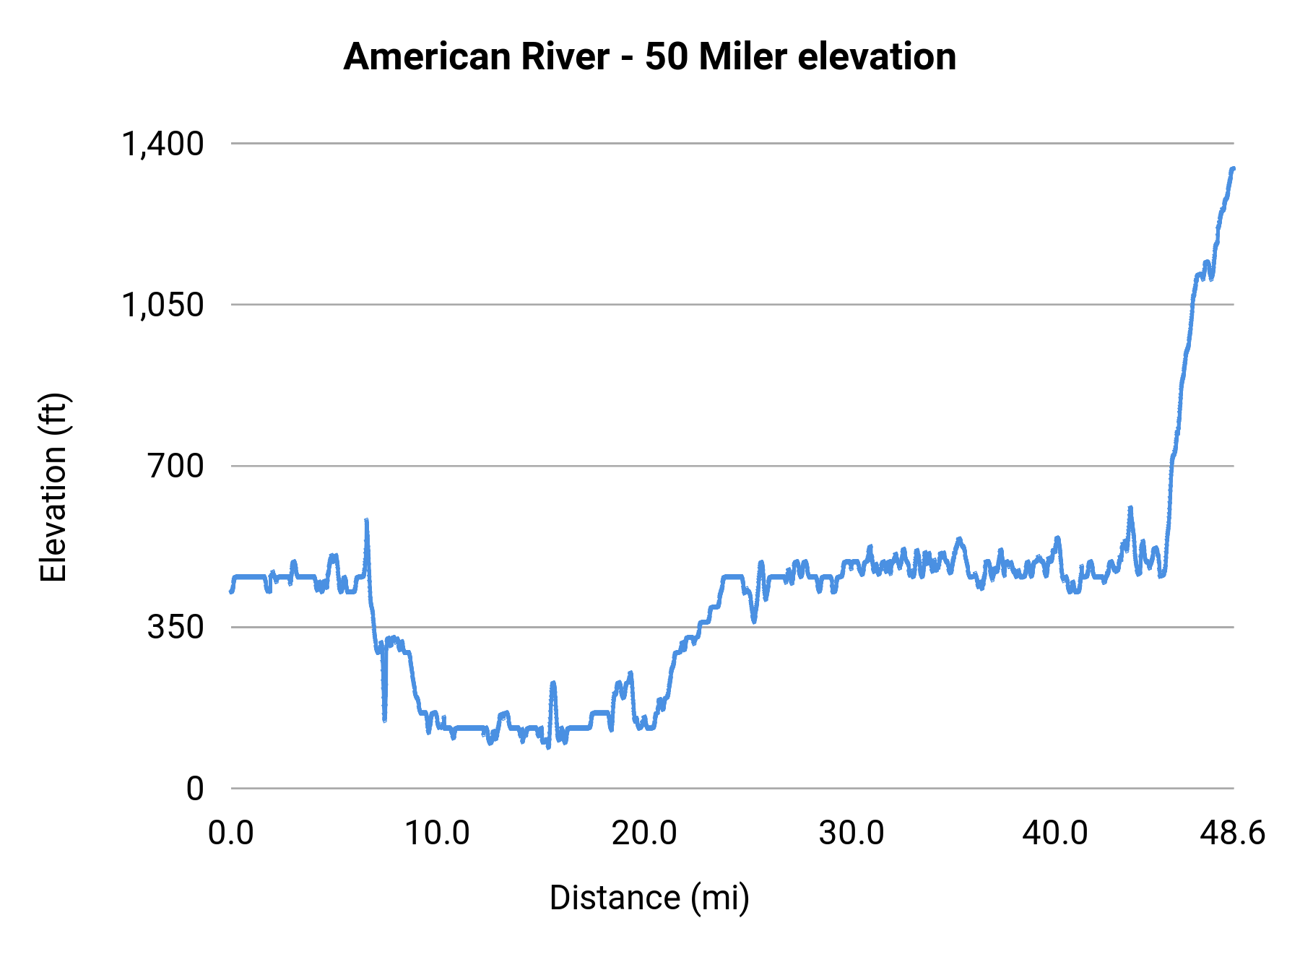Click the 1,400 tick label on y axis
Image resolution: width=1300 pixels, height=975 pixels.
pyautogui.click(x=162, y=144)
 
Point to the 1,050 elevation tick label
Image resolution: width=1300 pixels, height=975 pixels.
pyautogui.click(x=162, y=305)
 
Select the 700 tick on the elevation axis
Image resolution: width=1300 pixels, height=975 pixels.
pyautogui.click(x=176, y=466)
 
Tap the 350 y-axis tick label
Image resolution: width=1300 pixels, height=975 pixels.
pyautogui.click(x=176, y=627)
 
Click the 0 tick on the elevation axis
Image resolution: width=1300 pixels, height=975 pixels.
pyautogui.click(x=195, y=789)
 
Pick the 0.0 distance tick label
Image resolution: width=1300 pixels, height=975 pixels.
pyautogui.click(x=231, y=833)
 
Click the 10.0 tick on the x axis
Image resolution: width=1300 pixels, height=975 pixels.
pyautogui.click(x=437, y=833)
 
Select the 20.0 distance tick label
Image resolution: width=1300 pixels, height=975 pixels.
pyautogui.click(x=644, y=833)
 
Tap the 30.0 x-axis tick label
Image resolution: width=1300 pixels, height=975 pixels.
pyautogui.click(x=851, y=833)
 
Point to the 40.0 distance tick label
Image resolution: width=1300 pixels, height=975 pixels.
pyautogui.click(x=1055, y=833)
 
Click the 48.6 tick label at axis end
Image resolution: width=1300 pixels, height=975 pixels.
pyautogui.click(x=1233, y=833)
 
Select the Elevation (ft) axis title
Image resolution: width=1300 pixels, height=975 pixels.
pyautogui.click(x=53, y=487)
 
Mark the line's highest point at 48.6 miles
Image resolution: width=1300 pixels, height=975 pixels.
pyautogui.click(x=1234, y=168)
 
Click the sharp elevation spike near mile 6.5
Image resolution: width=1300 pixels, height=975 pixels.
pyautogui.click(x=367, y=521)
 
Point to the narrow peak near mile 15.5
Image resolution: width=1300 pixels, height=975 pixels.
pyautogui.click(x=552, y=682)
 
